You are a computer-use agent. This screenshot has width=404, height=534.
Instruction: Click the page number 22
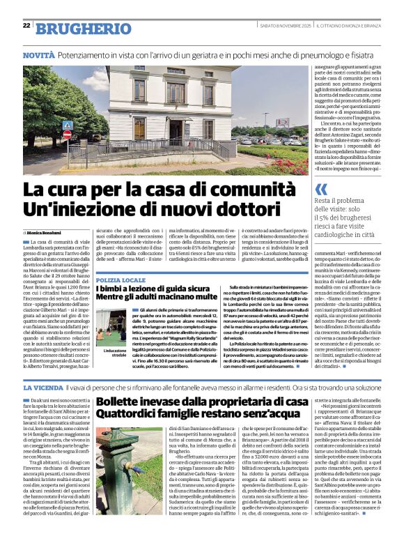coord(26,26)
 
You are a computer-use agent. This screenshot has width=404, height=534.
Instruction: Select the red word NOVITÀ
coord(39,54)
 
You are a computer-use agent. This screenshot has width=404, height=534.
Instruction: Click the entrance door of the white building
coord(139,130)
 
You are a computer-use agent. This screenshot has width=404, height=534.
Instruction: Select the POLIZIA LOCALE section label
coord(121,279)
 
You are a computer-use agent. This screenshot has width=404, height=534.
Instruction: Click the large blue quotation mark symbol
coord(320,189)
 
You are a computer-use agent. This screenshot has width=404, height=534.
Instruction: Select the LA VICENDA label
coord(42,386)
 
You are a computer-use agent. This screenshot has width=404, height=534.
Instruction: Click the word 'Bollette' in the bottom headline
coord(123,402)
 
